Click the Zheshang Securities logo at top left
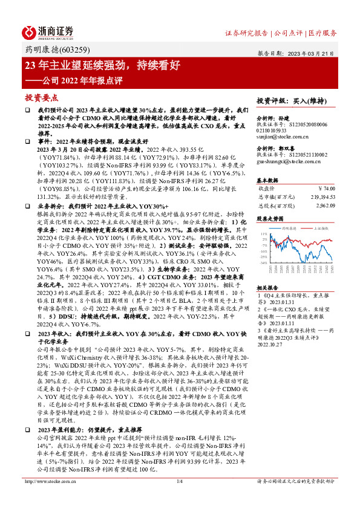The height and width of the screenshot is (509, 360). (x=49, y=32)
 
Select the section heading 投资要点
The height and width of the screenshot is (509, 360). (x=41, y=97)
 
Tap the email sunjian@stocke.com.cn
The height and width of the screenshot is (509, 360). (x=284, y=138)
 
